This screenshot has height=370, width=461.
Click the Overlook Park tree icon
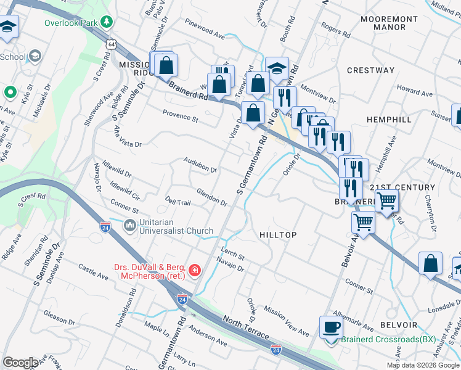[107, 22]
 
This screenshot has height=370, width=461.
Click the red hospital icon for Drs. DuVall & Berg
[195, 270]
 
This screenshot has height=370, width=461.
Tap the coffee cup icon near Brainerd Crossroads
[332, 327]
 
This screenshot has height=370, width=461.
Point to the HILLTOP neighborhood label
[278, 235]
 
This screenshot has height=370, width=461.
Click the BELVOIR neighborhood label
[399, 324]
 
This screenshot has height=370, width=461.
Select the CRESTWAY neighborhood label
[370, 70]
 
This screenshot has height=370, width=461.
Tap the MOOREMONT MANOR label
[392, 23]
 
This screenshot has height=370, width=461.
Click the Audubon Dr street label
[200, 165]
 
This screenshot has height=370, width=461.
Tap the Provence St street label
[180, 115]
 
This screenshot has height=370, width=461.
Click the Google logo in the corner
[20, 362]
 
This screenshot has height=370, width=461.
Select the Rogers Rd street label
[331, 29]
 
